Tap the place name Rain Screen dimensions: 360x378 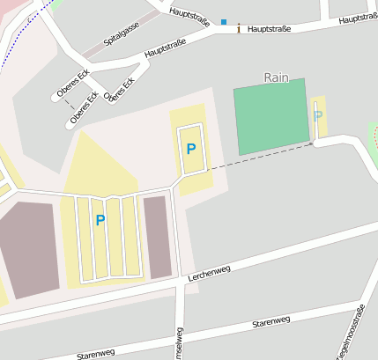click(277, 77)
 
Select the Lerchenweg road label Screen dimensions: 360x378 click(209, 274)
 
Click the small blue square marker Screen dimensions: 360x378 click(224, 22)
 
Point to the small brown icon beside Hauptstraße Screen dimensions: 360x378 click(239, 29)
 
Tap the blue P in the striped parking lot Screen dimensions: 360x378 click(100, 220)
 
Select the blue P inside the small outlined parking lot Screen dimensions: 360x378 click(190, 149)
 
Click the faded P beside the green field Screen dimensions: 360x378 click(317, 116)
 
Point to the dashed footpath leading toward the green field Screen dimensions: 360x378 click(261, 156)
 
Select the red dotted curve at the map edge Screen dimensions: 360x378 click(374, 136)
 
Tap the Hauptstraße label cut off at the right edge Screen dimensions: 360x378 click(358, 18)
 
